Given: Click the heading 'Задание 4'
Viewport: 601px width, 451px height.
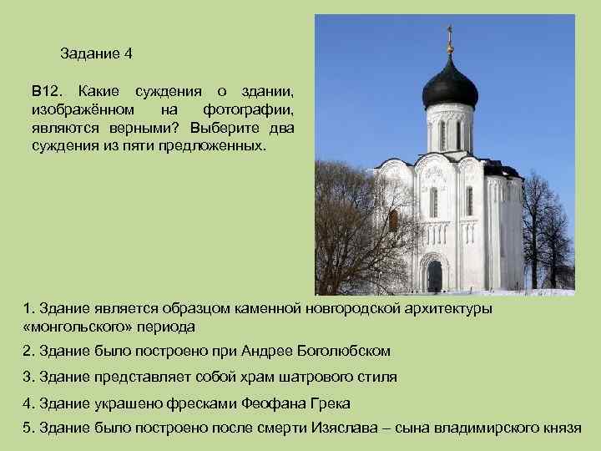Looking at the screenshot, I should (97, 54).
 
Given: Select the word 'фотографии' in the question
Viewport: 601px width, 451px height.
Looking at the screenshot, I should (247, 109).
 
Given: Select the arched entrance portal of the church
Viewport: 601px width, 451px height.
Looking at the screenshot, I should (434, 274).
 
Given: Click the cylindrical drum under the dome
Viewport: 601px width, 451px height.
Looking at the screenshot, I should (449, 129).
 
